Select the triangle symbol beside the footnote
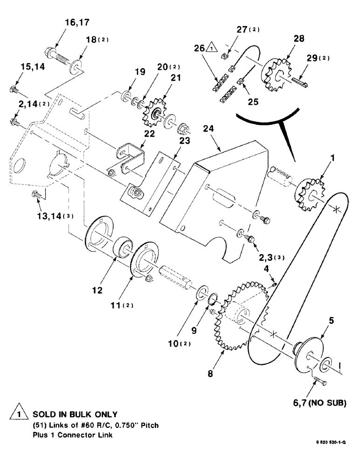pyautogui.click(x=17, y=414)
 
